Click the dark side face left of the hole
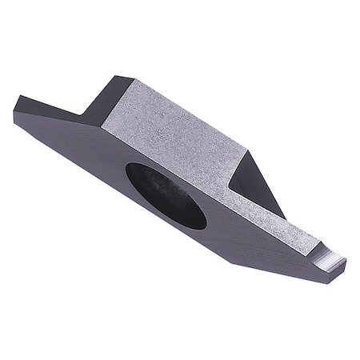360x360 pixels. (x=80, y=148)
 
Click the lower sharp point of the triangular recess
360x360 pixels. (x=283, y=216)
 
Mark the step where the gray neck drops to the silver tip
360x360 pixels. (x=318, y=250)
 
